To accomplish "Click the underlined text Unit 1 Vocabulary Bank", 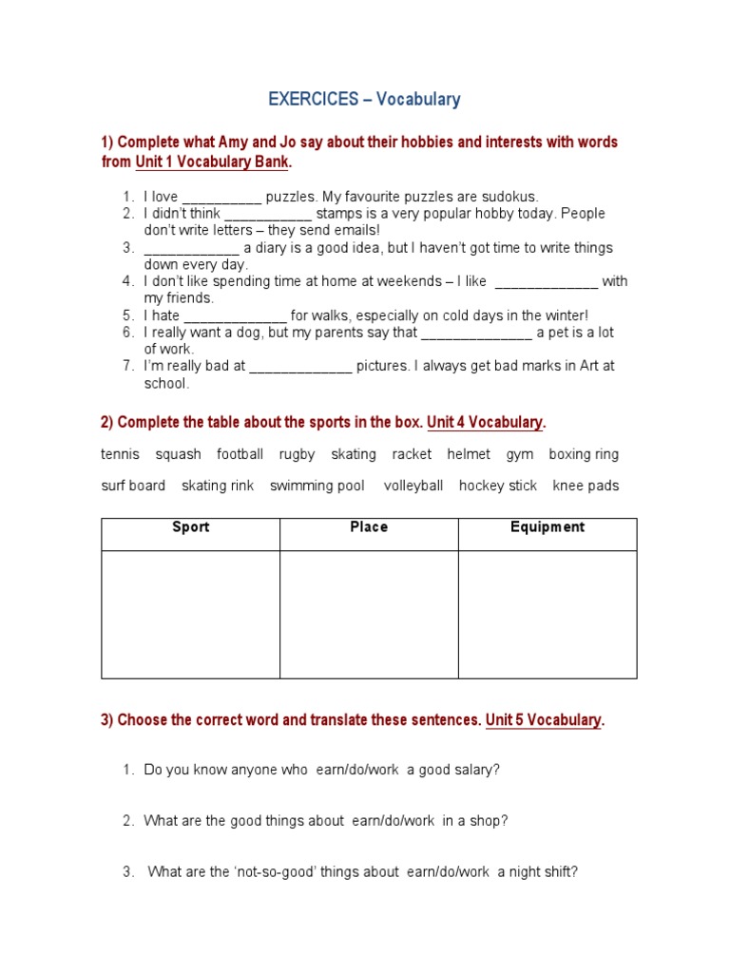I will click(x=211, y=162).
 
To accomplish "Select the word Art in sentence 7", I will click(x=591, y=367).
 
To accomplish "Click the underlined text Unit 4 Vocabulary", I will click(x=485, y=422).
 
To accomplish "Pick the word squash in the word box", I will click(x=179, y=455).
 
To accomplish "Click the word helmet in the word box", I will click(x=469, y=455).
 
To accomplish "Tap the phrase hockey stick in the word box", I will click(x=498, y=486).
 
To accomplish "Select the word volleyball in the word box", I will click(x=413, y=486).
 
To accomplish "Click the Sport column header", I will click(x=190, y=527).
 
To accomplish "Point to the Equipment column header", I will click(x=547, y=527).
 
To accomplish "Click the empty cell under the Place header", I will click(x=369, y=614).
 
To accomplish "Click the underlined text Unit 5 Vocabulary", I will click(x=543, y=720).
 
